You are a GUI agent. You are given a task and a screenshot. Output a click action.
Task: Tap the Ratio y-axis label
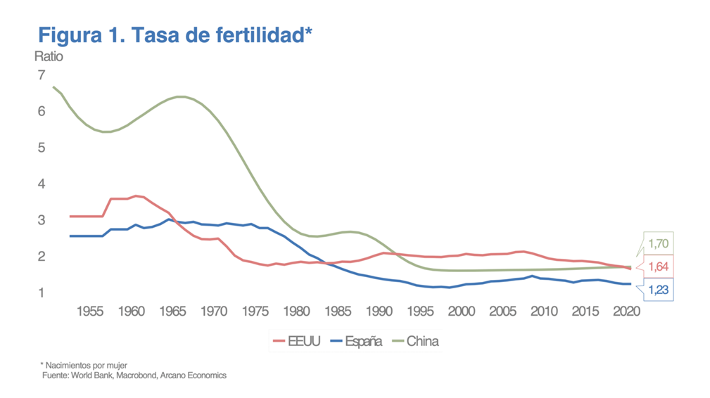coord(48,57)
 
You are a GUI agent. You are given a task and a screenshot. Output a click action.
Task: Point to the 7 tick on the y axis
coord(42,75)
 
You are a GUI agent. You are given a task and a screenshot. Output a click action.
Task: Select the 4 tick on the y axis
coord(42,184)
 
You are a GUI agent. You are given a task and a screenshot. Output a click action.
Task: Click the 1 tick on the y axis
coord(42,293)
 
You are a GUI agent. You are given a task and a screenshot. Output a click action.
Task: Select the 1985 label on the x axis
coord(337,311)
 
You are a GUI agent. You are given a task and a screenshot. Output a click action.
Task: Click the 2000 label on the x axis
coord(461,311)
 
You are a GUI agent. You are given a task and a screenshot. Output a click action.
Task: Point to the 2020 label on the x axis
coord(626,311)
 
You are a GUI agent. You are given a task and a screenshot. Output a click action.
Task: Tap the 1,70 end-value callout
coord(659,244)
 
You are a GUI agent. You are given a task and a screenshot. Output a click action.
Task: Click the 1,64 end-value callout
coord(659,267)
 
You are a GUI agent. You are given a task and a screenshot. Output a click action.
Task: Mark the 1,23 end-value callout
coord(659,289)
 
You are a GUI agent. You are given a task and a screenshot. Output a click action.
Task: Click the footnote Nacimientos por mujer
coord(87,365)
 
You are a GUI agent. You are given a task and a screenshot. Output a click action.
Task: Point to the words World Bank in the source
coord(89,375)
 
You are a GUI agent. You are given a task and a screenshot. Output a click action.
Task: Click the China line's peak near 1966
coord(181,96)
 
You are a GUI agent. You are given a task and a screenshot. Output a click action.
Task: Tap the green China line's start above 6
coord(54,87)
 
